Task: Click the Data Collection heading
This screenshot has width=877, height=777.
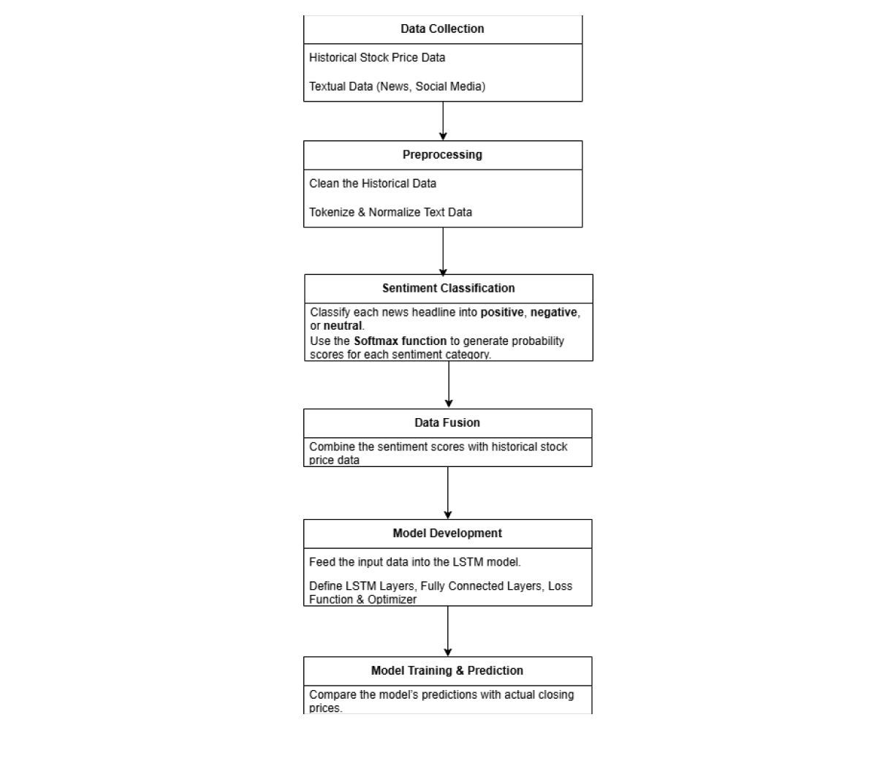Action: (x=442, y=29)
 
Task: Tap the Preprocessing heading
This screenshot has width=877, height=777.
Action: (x=442, y=154)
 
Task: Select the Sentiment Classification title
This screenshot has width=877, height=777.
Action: (x=448, y=288)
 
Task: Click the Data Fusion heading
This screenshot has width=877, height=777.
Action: (x=447, y=422)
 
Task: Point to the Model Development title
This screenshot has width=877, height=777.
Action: (x=447, y=533)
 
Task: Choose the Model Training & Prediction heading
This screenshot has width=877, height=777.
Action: (x=447, y=670)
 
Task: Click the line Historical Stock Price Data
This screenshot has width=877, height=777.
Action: (x=377, y=58)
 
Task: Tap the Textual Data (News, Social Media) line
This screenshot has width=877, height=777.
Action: (x=397, y=86)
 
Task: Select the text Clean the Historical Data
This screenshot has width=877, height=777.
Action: (x=372, y=183)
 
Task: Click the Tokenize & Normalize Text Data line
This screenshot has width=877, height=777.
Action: (x=390, y=212)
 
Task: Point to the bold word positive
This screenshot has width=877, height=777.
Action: (x=501, y=312)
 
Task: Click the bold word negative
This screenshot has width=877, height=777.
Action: (x=554, y=312)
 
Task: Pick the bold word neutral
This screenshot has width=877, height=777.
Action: (x=343, y=325)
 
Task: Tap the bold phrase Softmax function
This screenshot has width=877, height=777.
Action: (x=400, y=341)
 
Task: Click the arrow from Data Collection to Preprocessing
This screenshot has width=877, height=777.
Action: (x=443, y=121)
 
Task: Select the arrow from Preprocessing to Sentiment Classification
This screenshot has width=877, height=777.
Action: (x=443, y=251)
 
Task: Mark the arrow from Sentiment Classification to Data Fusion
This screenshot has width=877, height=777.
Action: (x=449, y=384)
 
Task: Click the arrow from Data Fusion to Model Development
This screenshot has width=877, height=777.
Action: (x=447, y=493)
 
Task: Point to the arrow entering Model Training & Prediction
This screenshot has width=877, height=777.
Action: (x=447, y=631)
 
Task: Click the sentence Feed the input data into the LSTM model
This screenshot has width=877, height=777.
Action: (x=414, y=562)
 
